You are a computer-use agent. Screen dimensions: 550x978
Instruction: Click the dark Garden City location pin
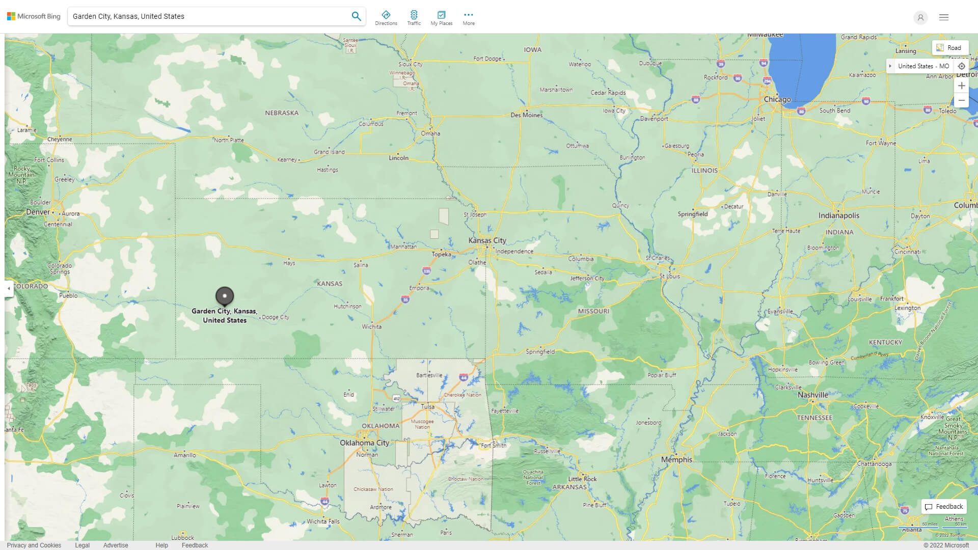(225, 295)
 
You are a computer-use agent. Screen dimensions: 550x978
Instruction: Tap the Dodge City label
(275, 317)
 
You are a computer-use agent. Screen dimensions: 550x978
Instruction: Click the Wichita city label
(372, 326)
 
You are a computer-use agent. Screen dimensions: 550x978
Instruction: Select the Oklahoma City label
(364, 443)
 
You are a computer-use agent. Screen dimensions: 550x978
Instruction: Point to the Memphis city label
(676, 459)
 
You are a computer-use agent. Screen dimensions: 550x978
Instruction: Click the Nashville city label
(812, 395)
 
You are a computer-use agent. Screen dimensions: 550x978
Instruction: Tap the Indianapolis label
(838, 215)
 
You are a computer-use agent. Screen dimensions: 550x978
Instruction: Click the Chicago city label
(777, 99)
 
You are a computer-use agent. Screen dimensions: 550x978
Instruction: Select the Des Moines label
(527, 115)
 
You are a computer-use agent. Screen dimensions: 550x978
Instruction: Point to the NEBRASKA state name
(282, 113)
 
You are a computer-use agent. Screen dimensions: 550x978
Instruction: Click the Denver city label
(38, 212)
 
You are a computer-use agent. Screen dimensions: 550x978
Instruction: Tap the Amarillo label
(185, 455)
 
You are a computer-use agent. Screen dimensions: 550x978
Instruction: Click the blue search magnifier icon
(356, 16)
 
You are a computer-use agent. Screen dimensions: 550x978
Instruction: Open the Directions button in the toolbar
(386, 17)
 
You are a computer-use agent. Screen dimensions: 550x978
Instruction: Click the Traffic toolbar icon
(414, 17)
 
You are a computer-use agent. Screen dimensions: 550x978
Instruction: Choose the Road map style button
(950, 47)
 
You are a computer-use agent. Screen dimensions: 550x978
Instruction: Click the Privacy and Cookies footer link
(34, 545)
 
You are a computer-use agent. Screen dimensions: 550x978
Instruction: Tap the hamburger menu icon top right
(943, 17)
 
